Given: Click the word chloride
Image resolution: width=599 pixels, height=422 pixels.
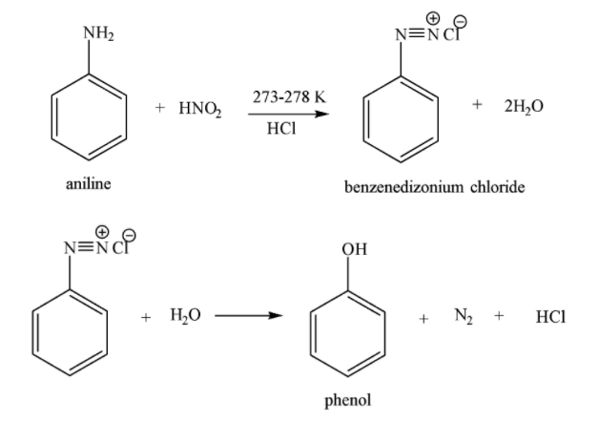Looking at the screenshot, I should click(494, 188).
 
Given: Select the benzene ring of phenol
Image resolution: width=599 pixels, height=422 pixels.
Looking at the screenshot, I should click(349, 324).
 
